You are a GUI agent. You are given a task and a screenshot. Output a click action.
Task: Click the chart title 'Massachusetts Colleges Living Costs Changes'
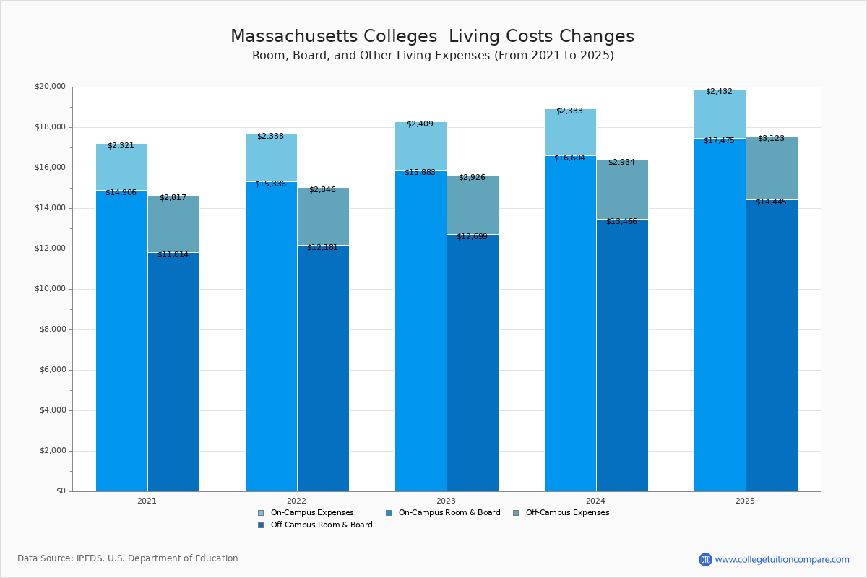432,37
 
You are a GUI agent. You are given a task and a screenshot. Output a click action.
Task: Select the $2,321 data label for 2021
121,146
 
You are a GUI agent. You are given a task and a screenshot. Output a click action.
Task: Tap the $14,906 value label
121,193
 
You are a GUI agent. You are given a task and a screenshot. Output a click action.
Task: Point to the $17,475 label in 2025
719,141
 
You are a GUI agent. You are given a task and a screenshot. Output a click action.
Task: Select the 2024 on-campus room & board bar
570,325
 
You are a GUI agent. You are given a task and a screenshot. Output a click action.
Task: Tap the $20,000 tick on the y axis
50,87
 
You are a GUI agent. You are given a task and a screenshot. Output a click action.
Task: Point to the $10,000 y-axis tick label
50,289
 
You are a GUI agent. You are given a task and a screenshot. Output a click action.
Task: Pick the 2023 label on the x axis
446,501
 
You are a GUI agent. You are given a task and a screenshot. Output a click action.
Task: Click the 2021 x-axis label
147,501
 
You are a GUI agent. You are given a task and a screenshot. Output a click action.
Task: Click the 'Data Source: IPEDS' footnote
128,558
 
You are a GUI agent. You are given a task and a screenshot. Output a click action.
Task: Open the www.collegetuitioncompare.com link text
782,559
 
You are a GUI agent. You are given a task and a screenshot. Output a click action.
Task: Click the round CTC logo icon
705,559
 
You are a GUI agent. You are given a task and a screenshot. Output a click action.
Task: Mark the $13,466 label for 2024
621,222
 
